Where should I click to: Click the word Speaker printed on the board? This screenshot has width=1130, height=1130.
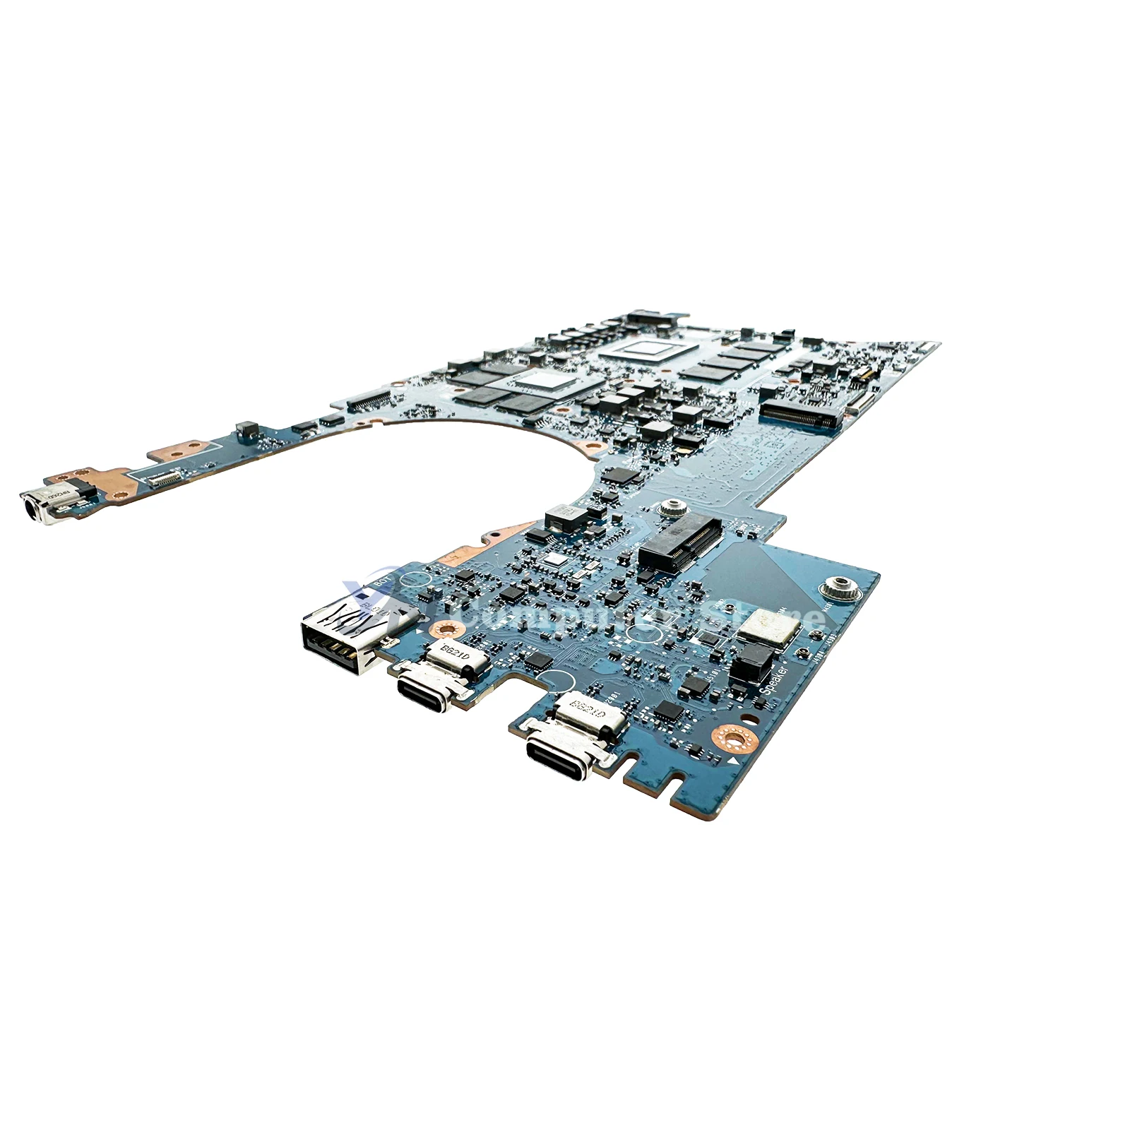point(775,679)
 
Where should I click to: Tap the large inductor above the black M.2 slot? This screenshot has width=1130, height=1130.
point(564,517)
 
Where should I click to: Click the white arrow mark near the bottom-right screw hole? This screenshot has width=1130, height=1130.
point(733,763)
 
